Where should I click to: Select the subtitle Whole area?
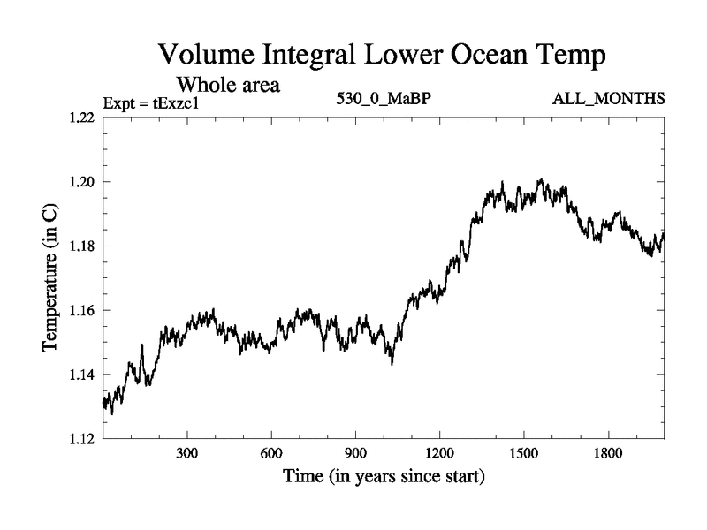229,85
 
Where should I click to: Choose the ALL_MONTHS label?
605,99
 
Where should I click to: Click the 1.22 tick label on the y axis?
80,117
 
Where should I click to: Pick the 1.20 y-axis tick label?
80,182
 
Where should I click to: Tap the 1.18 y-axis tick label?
80,246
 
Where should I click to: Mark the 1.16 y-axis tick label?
80,310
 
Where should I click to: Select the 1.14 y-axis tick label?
80,375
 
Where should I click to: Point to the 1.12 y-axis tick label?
80,439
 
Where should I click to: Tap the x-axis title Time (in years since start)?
384,477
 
